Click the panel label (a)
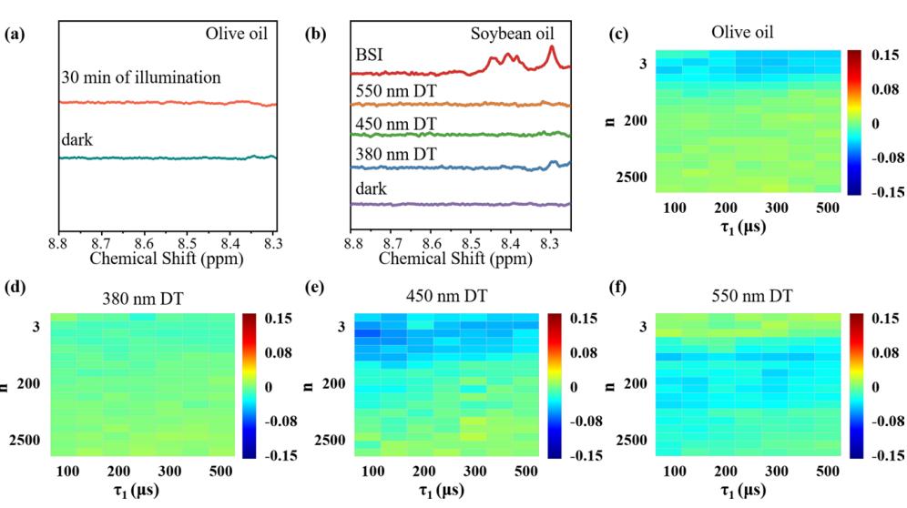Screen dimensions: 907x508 [x=15, y=34]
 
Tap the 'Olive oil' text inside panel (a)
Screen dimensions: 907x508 [x=237, y=33]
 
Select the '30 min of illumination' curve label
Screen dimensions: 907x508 [x=141, y=77]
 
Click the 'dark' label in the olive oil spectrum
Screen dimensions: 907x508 [x=76, y=139]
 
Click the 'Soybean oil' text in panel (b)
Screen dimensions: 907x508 [x=512, y=33]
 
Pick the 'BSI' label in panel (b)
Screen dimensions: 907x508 [x=369, y=55]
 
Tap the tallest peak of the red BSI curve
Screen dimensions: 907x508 [x=551, y=46]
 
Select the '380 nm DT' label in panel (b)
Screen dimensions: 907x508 [x=396, y=154]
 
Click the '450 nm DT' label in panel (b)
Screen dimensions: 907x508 [x=396, y=124]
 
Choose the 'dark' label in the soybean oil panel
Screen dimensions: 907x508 [x=371, y=188]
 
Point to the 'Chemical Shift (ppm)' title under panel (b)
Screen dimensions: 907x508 [x=455, y=258]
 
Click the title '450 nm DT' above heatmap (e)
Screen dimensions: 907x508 [x=446, y=296]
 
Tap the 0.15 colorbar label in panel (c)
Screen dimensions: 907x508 [x=885, y=55]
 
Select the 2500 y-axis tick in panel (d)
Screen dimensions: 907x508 [x=25, y=441]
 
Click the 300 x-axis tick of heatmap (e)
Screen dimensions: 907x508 [x=475, y=471]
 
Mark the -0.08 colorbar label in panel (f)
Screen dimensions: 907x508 [x=884, y=422]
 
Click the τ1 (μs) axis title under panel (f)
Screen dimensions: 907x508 [x=743, y=491]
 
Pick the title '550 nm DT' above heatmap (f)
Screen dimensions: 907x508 [x=751, y=296]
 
